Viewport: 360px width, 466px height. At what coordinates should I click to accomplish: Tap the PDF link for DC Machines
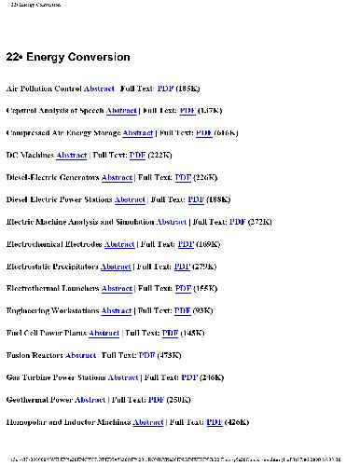137,156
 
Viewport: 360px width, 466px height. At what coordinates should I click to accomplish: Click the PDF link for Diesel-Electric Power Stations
196,199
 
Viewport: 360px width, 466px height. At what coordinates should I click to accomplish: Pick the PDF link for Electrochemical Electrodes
182,244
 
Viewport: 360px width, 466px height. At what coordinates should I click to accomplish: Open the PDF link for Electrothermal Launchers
183,289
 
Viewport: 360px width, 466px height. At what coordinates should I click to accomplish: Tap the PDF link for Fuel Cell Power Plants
170,333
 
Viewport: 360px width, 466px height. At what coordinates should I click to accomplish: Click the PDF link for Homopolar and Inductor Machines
214,422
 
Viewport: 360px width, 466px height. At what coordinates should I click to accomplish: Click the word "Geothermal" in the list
30,400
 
